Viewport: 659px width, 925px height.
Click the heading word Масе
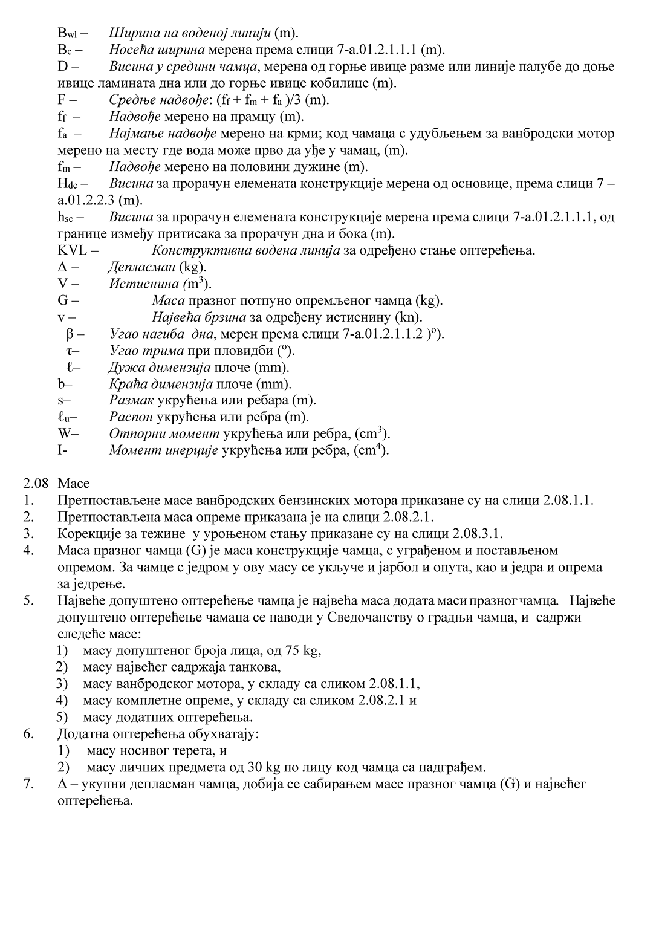(74, 484)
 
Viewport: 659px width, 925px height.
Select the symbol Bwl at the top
(68, 33)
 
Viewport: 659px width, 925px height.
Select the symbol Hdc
(68, 183)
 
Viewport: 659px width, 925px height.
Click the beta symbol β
(70, 334)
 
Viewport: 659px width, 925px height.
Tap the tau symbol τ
(70, 351)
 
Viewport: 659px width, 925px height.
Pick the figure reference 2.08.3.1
(477, 534)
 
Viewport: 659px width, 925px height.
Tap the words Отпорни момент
(164, 433)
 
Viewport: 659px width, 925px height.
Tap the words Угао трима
(147, 351)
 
